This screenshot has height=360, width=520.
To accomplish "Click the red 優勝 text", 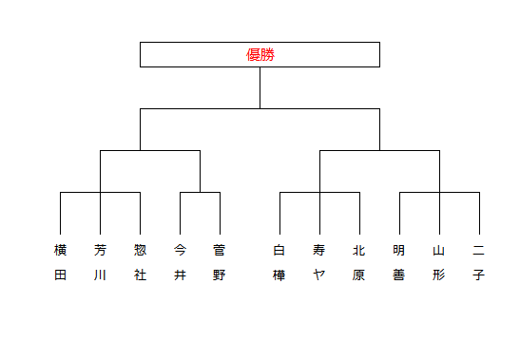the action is click(260, 55).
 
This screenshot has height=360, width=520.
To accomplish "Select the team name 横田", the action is click(60, 262).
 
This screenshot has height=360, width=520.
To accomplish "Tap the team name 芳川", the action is click(100, 262).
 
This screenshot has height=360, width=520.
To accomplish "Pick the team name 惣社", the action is click(141, 262).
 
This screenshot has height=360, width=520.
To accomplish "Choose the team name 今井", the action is click(180, 262).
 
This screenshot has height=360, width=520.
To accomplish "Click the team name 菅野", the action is click(220, 262).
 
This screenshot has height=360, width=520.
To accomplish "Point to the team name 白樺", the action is click(279, 262).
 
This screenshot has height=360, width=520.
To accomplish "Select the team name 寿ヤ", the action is click(319, 262).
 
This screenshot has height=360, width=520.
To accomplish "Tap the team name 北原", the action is click(358, 262).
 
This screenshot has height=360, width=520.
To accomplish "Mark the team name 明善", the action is click(399, 262).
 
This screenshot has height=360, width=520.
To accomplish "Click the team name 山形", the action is click(439, 262).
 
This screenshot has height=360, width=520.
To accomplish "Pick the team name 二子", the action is click(478, 262).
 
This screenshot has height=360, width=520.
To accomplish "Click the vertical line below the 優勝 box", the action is click(260, 87).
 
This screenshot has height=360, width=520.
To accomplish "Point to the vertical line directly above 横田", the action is click(60, 213).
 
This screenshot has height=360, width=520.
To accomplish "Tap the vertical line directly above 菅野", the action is click(220, 213).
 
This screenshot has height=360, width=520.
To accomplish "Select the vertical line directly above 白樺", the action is click(279, 213).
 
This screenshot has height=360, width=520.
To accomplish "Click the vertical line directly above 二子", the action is click(479, 213).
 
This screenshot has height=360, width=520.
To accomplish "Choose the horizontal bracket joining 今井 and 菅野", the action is click(200, 192).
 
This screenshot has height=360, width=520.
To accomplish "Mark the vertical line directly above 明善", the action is click(399, 213).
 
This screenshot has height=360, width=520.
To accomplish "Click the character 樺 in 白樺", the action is click(279, 275).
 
